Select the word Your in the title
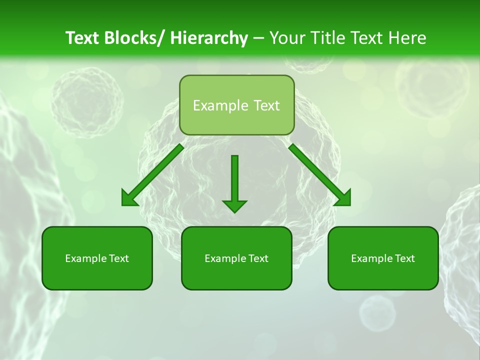point(287,38)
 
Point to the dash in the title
point(258,38)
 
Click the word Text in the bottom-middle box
point(257,258)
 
